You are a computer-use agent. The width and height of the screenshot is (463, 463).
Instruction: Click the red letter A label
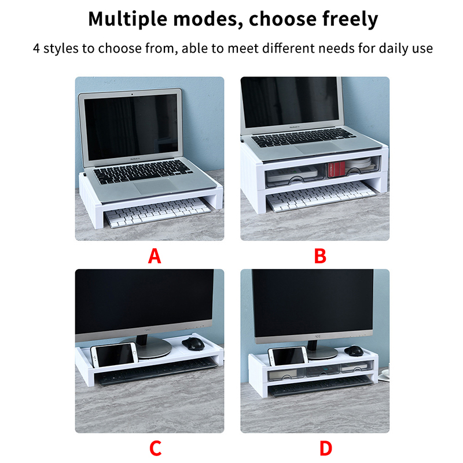[x=155, y=256]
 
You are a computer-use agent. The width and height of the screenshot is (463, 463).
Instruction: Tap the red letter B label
[x=320, y=256]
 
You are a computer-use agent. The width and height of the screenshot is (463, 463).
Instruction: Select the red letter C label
[x=155, y=448]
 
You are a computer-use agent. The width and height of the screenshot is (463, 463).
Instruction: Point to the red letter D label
[x=326, y=448]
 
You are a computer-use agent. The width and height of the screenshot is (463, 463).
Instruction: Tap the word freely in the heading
[x=350, y=19]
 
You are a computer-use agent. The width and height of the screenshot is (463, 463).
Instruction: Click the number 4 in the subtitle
[x=36, y=49]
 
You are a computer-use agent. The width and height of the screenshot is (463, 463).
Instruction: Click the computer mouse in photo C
[x=193, y=344]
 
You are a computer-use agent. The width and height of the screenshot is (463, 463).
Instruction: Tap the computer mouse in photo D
[x=354, y=351]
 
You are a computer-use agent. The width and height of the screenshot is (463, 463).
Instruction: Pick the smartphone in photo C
[x=114, y=355]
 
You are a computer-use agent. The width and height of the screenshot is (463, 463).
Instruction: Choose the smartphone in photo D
[x=288, y=356]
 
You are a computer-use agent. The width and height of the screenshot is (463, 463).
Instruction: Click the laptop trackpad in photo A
[x=155, y=186]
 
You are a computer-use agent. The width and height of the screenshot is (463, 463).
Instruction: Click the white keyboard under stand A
[x=157, y=212]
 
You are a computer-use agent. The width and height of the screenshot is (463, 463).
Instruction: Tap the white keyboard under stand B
[x=321, y=196]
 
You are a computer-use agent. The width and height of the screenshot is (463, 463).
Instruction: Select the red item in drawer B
[x=336, y=169]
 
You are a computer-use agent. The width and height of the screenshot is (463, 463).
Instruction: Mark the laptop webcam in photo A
[x=132, y=94]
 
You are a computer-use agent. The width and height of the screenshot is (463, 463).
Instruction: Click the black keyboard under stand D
[x=321, y=385]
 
